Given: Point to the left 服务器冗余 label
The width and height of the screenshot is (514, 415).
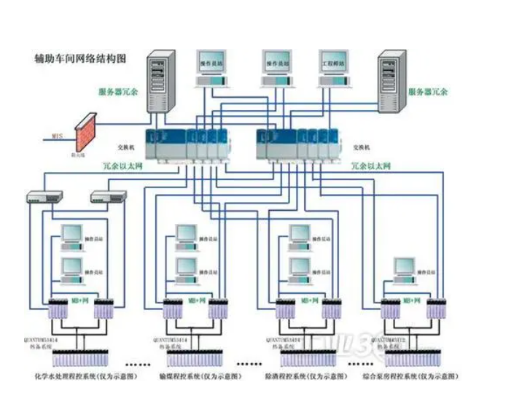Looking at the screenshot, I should coord(117,93).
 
